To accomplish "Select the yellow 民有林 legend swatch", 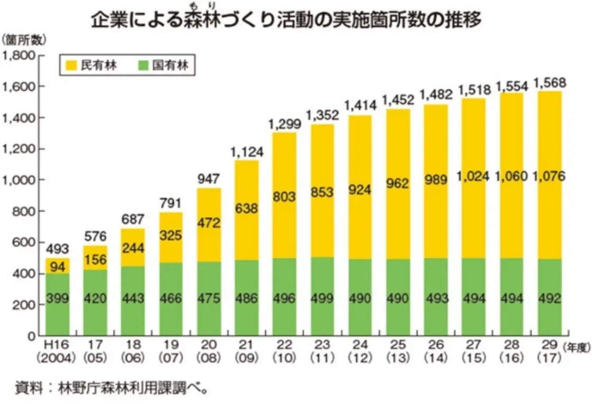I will (x=72, y=65).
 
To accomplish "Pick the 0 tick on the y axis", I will (x=31, y=336).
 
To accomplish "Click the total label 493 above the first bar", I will (x=56, y=249).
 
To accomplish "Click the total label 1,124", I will (x=245, y=152).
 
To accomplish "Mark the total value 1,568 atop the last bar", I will (x=550, y=83).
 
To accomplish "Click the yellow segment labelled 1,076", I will (x=550, y=176).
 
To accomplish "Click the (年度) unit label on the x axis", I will (x=576, y=347).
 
